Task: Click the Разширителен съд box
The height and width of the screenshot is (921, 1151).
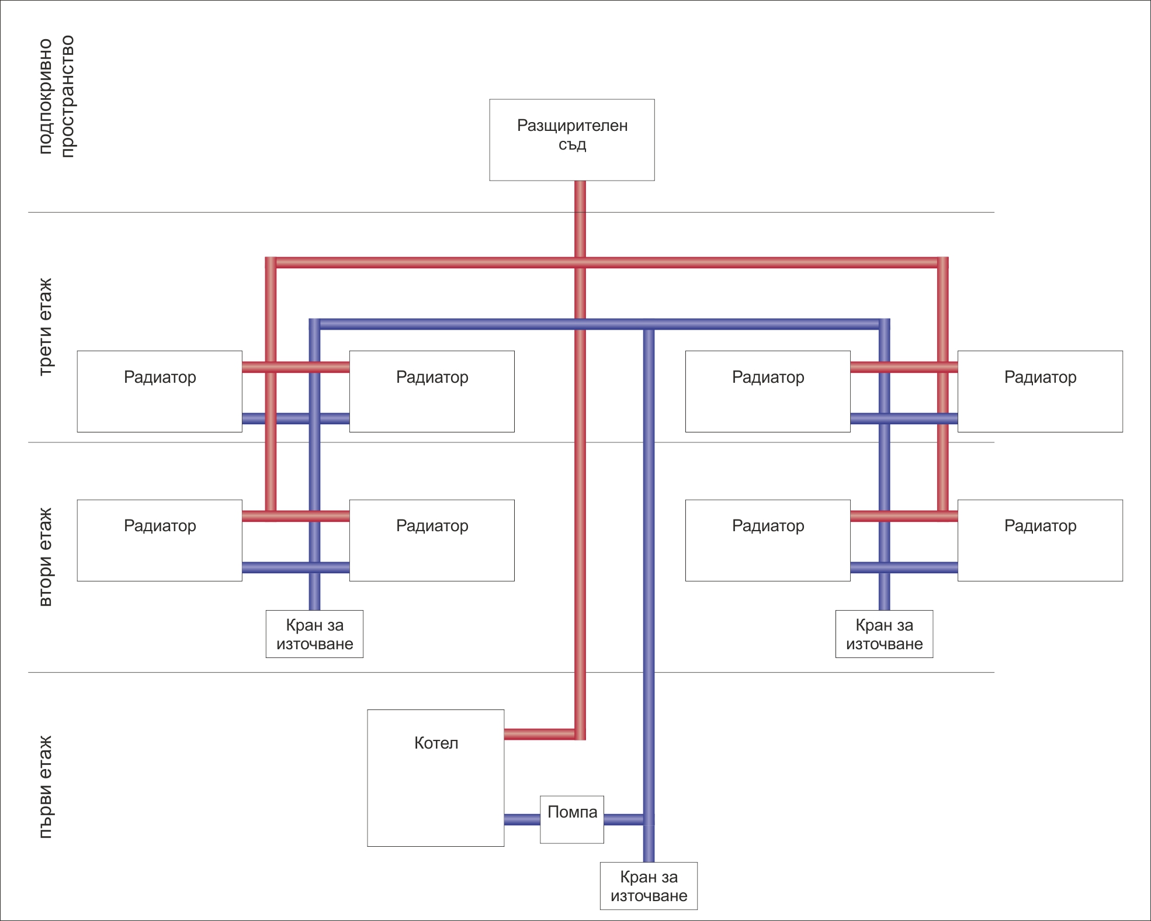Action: [571, 140]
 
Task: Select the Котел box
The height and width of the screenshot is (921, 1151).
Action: [435, 778]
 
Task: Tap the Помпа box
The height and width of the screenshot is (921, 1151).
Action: [571, 819]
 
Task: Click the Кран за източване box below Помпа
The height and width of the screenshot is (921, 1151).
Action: [649, 886]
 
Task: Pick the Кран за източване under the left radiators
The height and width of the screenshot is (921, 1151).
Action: [314, 634]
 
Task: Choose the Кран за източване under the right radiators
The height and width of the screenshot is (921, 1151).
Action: [884, 634]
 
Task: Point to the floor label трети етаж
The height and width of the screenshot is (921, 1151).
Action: [45, 327]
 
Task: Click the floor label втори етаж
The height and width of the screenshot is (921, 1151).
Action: [45, 557]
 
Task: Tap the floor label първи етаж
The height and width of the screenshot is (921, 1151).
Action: [45, 787]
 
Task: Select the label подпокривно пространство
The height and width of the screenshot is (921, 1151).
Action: [57, 96]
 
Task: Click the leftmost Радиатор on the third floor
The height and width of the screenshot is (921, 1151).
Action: [160, 392]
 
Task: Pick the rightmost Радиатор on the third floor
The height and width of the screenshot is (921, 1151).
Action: [1040, 392]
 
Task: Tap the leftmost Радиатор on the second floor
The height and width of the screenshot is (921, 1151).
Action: [160, 541]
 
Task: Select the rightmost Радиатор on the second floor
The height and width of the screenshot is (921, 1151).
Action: [1040, 541]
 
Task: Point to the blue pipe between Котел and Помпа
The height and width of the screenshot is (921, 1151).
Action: [522, 819]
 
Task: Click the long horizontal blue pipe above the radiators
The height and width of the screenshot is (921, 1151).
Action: [467, 324]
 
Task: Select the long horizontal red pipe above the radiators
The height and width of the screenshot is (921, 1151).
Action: [438, 262]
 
